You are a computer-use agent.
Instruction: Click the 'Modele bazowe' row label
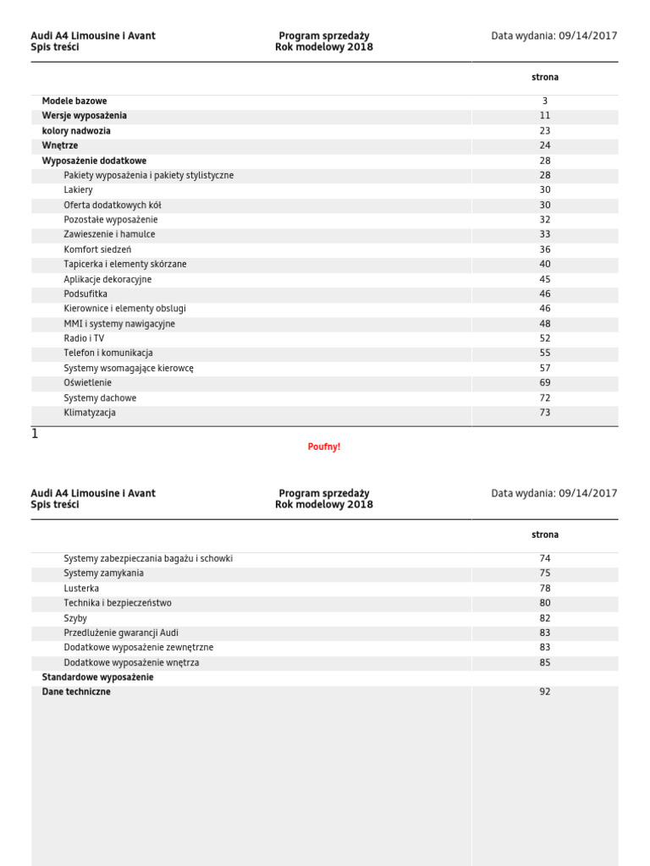(74, 101)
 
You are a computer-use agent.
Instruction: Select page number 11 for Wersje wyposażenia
(544, 116)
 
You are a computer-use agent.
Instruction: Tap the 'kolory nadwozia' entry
(76, 131)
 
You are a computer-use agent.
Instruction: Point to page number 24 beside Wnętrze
(544, 145)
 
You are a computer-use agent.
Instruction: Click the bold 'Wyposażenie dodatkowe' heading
(94, 161)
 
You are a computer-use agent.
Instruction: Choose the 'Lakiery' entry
(78, 190)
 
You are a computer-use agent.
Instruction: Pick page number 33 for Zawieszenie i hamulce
(544, 234)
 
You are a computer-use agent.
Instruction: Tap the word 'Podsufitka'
(85, 294)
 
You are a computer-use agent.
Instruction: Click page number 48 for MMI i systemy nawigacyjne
(544, 324)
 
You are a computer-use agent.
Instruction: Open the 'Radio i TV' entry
(84, 338)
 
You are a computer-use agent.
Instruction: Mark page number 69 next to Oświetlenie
(544, 383)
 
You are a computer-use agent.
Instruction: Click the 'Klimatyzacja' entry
(90, 413)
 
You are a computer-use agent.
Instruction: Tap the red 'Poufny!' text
(324, 447)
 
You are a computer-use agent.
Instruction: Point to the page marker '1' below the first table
(35, 434)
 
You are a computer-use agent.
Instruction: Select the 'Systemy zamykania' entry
(103, 573)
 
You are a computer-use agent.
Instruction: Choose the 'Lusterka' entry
(81, 588)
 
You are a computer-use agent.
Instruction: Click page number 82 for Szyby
(544, 618)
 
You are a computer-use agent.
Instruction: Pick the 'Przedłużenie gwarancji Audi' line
(121, 633)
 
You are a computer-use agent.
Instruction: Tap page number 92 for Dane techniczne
(544, 692)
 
